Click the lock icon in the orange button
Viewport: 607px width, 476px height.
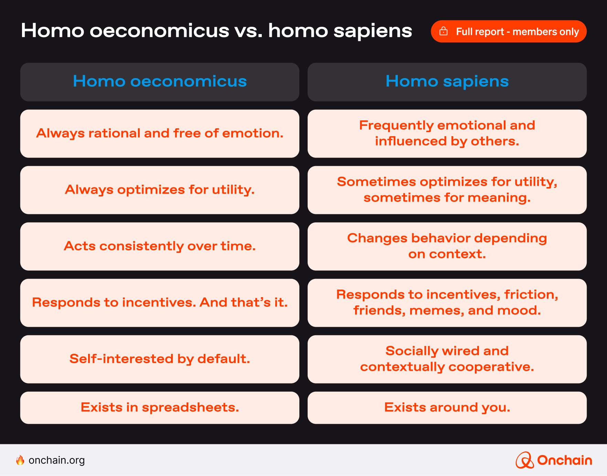tap(444, 31)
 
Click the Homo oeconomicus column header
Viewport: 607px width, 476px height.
tap(160, 82)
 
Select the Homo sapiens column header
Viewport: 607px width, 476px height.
tap(447, 82)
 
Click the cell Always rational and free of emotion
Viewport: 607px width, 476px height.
tap(160, 133)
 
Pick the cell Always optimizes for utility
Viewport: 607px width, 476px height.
tap(160, 190)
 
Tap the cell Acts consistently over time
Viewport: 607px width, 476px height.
tap(160, 246)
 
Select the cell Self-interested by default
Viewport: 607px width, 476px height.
tap(160, 359)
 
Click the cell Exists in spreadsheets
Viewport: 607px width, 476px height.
tap(160, 408)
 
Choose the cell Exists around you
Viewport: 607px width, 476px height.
tap(447, 408)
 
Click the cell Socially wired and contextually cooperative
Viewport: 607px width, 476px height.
tap(447, 359)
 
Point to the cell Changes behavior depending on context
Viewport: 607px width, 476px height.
tap(447, 246)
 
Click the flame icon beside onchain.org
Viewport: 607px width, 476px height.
tap(20, 460)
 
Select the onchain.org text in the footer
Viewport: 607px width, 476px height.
tap(57, 460)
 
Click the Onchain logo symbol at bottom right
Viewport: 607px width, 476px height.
tap(524, 460)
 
